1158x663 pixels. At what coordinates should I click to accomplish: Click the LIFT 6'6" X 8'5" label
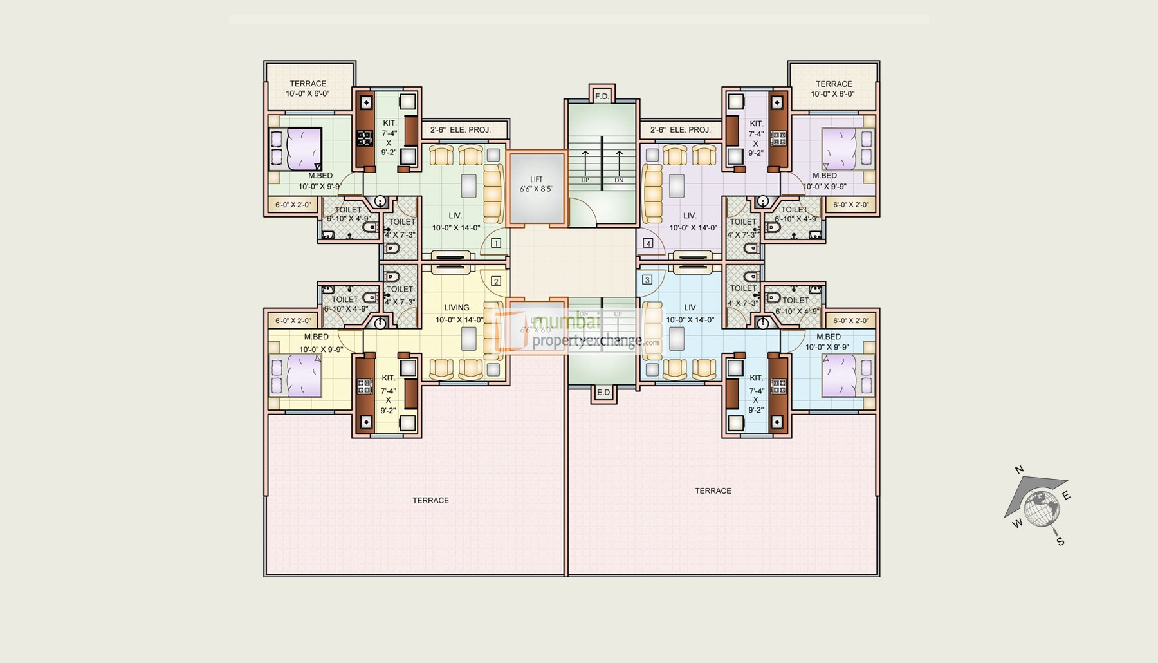click(x=537, y=185)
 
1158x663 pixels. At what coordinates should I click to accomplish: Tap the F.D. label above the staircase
click(x=602, y=97)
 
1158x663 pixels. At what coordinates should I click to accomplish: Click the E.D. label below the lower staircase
click(x=603, y=393)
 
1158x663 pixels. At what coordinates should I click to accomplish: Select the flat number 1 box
click(x=496, y=243)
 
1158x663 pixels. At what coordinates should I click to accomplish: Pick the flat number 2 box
click(x=496, y=281)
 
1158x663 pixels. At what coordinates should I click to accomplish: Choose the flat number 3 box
click(x=647, y=279)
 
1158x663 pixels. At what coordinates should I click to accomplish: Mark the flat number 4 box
click(x=648, y=243)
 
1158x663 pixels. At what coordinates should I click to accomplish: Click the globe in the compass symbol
click(x=1042, y=508)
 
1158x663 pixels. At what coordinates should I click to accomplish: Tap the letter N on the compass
click(x=1019, y=470)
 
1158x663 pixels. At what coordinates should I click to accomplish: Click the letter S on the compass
click(x=1060, y=542)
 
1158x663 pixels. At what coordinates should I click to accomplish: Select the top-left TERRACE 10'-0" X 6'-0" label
click(x=308, y=89)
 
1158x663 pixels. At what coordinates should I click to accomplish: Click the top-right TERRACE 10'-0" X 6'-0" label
click(x=833, y=89)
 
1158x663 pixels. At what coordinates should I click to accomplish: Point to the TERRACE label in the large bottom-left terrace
click(x=430, y=500)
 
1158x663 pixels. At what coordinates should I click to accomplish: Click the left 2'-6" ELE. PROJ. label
click(x=461, y=130)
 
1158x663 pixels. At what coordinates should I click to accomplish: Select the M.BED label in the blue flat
click(x=828, y=337)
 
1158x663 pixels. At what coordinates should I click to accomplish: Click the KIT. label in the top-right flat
click(x=756, y=124)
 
